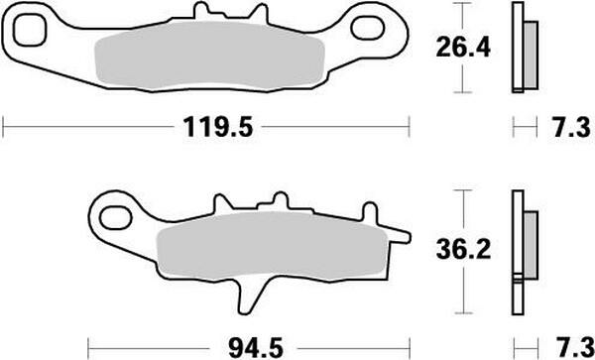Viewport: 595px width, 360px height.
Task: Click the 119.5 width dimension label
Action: click(x=218, y=127)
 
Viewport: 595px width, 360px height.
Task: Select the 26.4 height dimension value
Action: click(x=463, y=48)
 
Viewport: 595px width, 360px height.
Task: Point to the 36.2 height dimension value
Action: click(x=463, y=250)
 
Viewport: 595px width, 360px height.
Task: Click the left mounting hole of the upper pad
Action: click(x=30, y=30)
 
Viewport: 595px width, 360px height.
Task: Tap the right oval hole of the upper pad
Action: click(x=368, y=28)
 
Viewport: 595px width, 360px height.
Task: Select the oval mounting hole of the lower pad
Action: click(x=115, y=218)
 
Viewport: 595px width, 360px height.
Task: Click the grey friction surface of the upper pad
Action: click(x=209, y=56)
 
